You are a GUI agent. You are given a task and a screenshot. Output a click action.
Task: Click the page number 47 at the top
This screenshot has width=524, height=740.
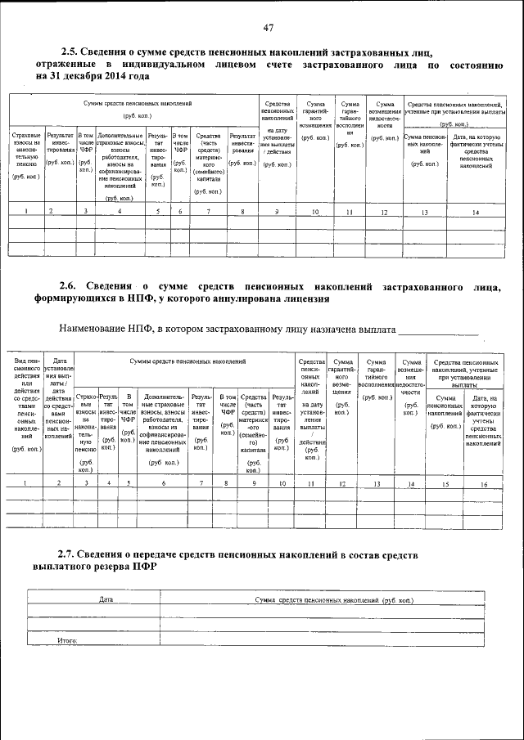click(268, 28)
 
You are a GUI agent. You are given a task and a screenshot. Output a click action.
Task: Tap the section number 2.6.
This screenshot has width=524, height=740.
click(73, 287)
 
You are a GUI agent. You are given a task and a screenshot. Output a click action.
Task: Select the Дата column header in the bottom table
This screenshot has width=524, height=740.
click(106, 599)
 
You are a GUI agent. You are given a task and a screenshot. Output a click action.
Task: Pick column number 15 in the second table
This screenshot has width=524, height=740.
click(445, 484)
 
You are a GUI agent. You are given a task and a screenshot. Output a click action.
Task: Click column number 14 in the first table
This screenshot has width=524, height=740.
click(475, 213)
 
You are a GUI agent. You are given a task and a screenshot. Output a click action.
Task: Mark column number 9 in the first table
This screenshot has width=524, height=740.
click(277, 213)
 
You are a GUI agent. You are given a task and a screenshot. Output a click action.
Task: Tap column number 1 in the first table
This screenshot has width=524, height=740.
click(26, 213)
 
